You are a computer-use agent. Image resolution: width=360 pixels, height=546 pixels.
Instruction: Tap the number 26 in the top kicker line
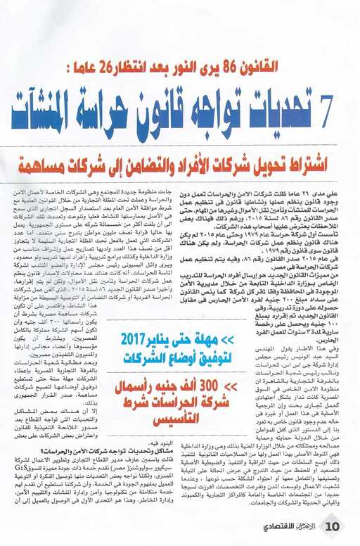(115, 70)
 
